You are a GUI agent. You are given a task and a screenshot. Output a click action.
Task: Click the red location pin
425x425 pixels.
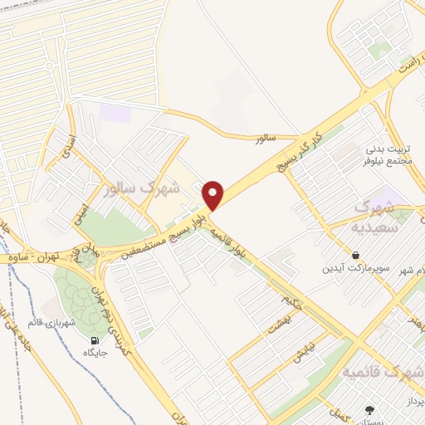coord(213,193)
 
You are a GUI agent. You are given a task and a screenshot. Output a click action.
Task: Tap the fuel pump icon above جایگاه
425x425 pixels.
coord(94,340)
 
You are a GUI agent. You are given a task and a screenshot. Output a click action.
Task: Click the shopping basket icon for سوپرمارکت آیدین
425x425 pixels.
coord(356,256)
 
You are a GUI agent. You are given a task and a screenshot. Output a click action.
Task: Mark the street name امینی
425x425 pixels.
coord(86,193)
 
